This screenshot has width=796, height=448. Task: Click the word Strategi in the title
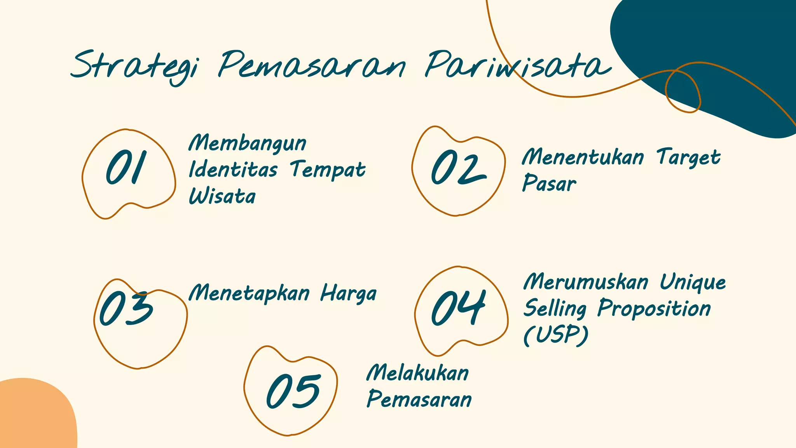click(134, 65)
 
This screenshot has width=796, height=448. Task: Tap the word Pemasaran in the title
click(312, 65)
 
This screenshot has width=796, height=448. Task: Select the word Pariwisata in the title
click(517, 65)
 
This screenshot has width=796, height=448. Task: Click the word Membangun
click(248, 143)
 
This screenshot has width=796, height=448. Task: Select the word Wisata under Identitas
click(222, 196)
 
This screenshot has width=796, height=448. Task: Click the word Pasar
click(549, 184)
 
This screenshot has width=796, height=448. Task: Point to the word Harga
click(348, 294)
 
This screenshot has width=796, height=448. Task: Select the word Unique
click(693, 283)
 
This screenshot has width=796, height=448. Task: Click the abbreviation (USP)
click(555, 335)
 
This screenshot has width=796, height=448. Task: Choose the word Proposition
click(654, 309)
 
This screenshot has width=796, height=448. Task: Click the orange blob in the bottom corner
click(35, 416)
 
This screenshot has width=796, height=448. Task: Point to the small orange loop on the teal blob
click(683, 92)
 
